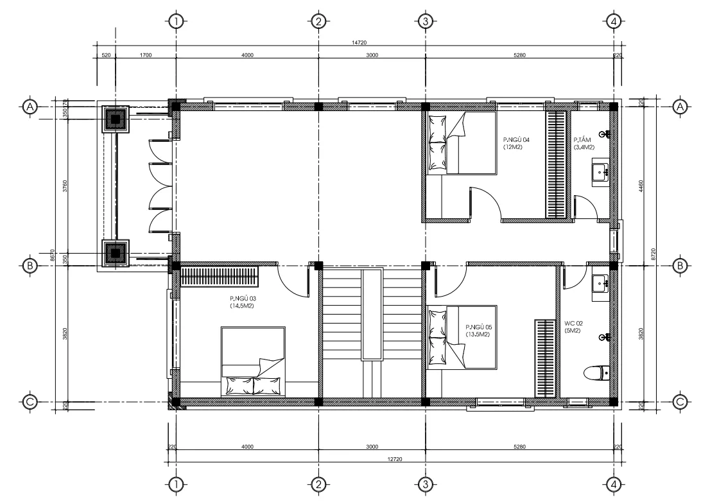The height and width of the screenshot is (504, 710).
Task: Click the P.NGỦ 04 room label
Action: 516,143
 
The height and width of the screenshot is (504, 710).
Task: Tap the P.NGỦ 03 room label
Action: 243,302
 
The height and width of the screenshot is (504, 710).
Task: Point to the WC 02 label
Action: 573,327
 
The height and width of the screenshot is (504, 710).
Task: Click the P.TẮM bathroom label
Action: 584,144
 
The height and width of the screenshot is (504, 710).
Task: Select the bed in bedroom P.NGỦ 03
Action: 253,361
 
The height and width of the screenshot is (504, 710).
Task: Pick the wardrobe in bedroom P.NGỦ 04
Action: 555,164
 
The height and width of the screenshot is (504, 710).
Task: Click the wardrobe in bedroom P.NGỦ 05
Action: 545,359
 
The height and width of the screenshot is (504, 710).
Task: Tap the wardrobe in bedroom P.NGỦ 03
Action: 220,277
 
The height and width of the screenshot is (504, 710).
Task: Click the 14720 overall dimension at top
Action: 359,42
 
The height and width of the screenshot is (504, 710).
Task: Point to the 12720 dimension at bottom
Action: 395,459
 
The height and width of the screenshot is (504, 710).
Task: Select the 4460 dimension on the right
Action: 640,187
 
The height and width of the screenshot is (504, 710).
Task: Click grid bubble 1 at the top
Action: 176,21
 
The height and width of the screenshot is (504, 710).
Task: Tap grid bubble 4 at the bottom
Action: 614,485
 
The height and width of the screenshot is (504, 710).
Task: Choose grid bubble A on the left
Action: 30,107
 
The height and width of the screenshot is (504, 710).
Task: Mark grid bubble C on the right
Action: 680,402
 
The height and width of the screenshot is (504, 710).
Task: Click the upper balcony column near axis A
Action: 116,119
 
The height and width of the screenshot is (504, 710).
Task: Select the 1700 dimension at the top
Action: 145,55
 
